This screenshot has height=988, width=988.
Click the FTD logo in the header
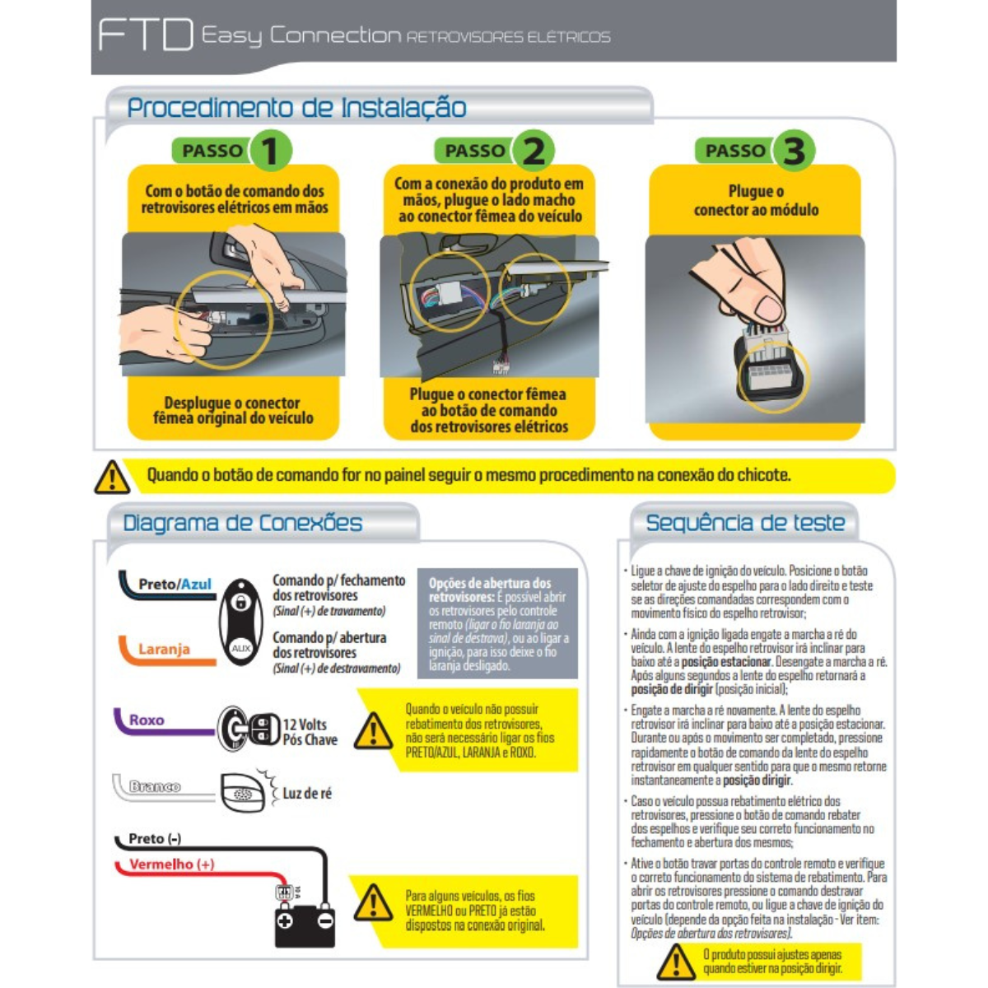pyautogui.click(x=146, y=35)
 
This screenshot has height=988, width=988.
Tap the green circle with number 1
pyautogui.click(x=270, y=151)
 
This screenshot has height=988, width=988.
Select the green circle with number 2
pyautogui.click(x=534, y=151)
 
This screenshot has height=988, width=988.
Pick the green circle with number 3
pyautogui.click(x=794, y=151)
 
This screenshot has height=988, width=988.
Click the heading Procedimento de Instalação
pyautogui.click(x=297, y=108)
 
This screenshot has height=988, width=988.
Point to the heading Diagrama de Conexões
pyautogui.click(x=243, y=523)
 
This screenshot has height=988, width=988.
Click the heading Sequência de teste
pyautogui.click(x=745, y=523)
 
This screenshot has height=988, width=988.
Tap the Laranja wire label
pyautogui.click(x=164, y=649)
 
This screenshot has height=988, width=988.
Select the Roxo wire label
pyautogui.click(x=147, y=720)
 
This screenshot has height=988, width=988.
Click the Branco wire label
pyautogui.click(x=155, y=786)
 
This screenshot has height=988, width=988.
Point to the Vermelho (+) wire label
pyautogui.click(x=172, y=864)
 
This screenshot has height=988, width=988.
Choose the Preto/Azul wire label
pyautogui.click(x=175, y=584)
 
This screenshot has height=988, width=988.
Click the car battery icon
pyautogui.click(x=305, y=925)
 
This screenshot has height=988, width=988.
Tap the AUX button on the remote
pyautogui.click(x=240, y=648)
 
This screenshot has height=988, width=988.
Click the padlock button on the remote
pyautogui.click(x=240, y=601)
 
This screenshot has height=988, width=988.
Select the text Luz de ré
pyautogui.click(x=307, y=794)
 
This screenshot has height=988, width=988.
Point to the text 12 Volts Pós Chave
pyautogui.click(x=310, y=732)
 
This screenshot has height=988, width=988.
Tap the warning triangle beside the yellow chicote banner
pyautogui.click(x=112, y=477)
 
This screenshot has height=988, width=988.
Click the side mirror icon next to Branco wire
pyautogui.click(x=243, y=793)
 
